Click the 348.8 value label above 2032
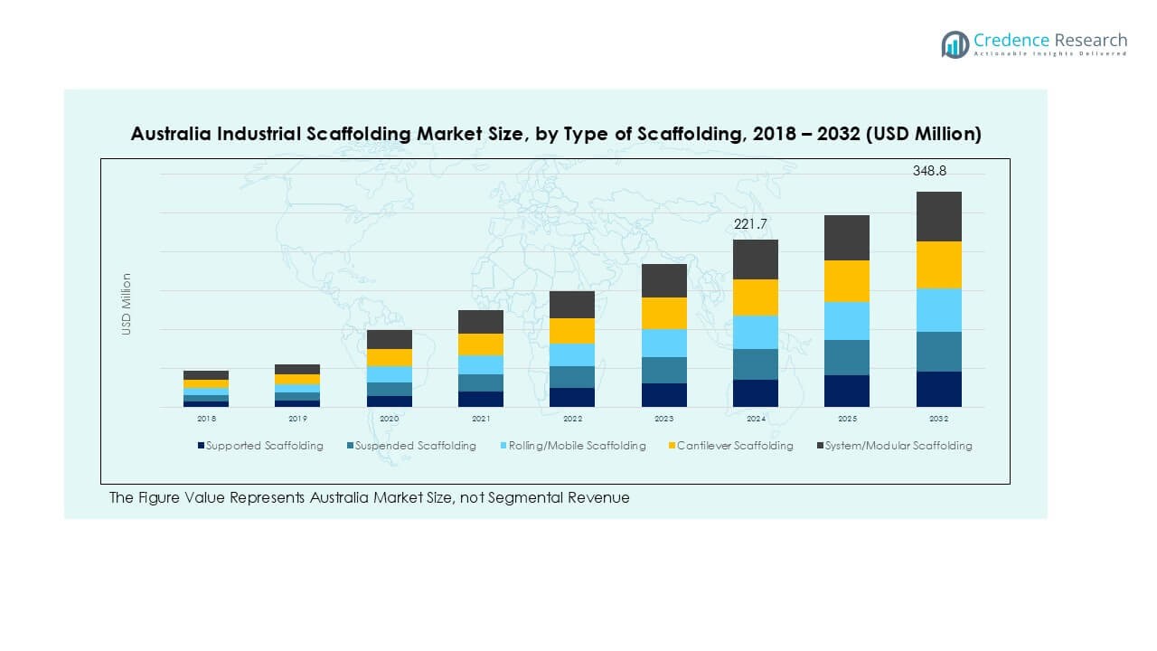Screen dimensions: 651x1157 [x=929, y=171]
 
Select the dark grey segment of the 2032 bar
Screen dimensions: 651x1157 [x=938, y=216]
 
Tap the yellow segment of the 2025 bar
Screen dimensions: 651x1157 [x=846, y=281]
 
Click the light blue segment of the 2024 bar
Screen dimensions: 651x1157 [x=755, y=332]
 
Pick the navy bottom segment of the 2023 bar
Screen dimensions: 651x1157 [x=663, y=395]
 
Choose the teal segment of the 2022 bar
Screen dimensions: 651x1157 [x=572, y=377]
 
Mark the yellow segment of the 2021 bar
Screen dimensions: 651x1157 [x=481, y=344]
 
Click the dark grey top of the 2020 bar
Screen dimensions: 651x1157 [x=390, y=339]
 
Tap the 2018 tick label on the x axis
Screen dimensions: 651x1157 [x=206, y=420]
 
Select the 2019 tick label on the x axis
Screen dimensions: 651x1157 [x=297, y=420]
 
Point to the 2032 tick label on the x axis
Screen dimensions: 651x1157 [x=938, y=420]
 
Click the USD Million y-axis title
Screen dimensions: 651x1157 [x=127, y=304]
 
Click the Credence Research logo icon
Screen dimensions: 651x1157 [x=955, y=44]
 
